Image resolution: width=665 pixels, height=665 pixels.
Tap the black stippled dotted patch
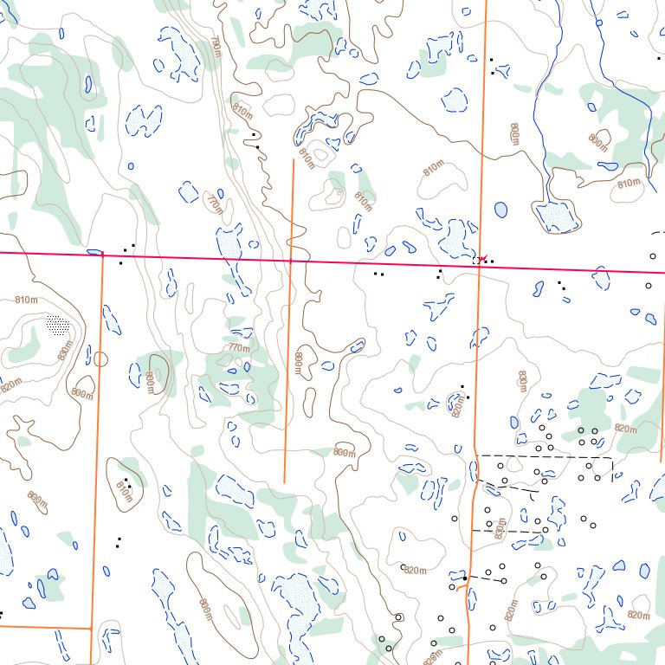click(x=57, y=326)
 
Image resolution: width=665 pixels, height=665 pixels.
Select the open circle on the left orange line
click(x=100, y=358)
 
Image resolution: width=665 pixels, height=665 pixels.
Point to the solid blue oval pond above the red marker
click(x=500, y=209)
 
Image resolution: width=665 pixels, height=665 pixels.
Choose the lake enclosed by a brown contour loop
click(x=557, y=216)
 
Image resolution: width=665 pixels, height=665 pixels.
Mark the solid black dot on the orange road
click(x=465, y=578)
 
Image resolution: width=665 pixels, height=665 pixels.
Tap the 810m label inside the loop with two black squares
click(x=123, y=492)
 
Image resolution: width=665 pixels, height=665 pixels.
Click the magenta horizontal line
click(x=260, y=259)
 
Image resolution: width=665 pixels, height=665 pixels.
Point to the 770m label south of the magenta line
click(x=239, y=348)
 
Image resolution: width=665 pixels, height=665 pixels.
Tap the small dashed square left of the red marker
click(x=476, y=259)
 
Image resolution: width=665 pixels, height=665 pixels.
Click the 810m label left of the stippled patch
click(x=27, y=300)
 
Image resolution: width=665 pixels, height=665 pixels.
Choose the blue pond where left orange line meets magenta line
click(x=95, y=252)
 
